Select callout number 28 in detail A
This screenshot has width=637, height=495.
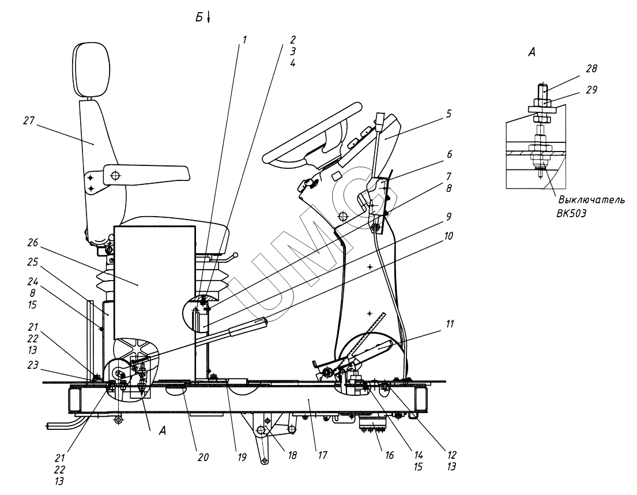[x=591, y=69]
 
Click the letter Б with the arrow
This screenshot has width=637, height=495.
[x=202, y=18]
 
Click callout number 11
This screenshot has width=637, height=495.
[x=449, y=324]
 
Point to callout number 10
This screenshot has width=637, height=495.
[x=449, y=236]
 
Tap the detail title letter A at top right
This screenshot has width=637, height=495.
[x=532, y=52]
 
